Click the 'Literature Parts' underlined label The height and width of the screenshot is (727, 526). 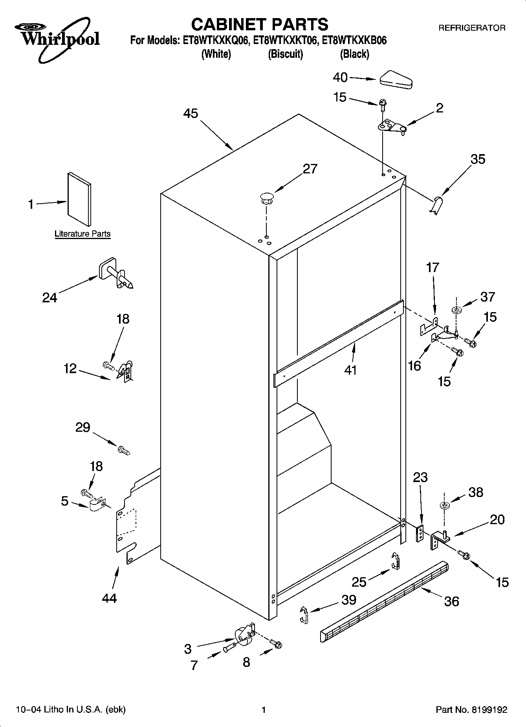click(82, 234)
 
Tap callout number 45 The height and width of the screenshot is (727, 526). click(191, 114)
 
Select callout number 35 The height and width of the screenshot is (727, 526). click(478, 159)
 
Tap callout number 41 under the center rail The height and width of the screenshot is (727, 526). click(350, 370)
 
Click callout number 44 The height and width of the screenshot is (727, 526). click(109, 598)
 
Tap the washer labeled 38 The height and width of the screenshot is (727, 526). click(445, 506)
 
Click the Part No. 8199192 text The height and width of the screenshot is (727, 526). click(471, 710)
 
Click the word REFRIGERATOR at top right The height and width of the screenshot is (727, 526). click(472, 28)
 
